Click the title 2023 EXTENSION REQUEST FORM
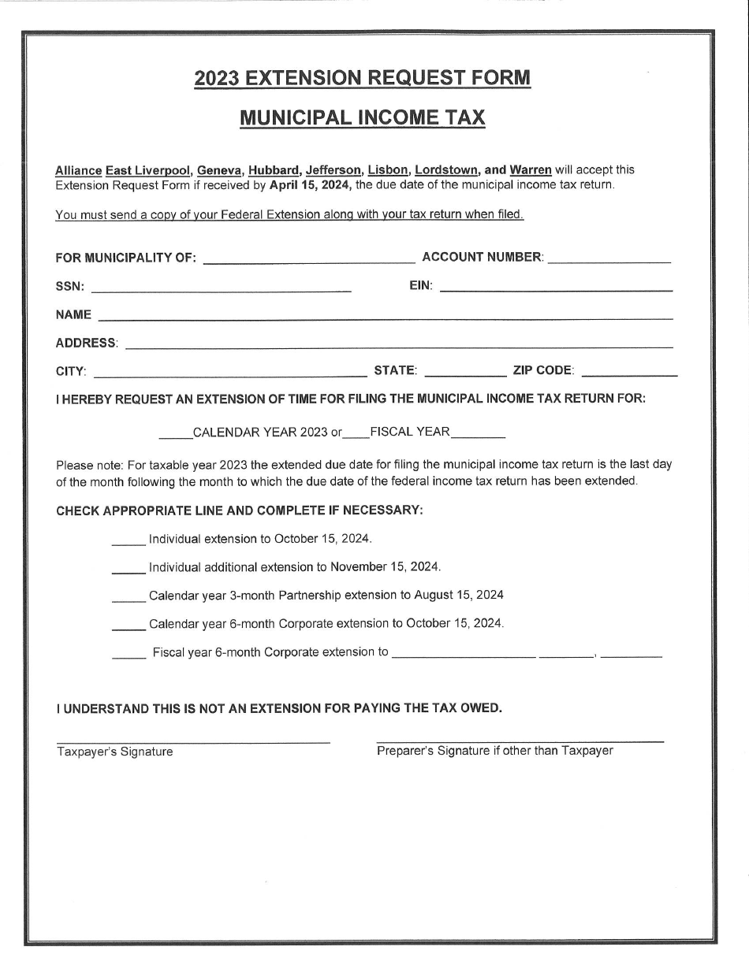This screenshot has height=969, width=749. tap(362, 78)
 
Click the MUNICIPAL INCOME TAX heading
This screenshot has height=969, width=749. tap(362, 118)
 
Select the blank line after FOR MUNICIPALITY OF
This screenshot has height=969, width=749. tap(309, 259)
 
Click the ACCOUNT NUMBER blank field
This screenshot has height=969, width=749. tap(609, 259)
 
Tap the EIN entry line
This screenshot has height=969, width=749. tap(556, 289)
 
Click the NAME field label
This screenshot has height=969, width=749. tap(73, 315)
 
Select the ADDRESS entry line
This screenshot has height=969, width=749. tap(399, 345)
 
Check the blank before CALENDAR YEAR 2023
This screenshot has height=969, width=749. tap(175, 434)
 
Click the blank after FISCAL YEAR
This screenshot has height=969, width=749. tap(479, 434)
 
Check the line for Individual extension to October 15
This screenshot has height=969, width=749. tap(129, 542)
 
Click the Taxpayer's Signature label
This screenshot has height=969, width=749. tap(115, 752)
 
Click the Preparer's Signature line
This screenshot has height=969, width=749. tap(520, 740)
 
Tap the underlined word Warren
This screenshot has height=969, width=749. tap(531, 170)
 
